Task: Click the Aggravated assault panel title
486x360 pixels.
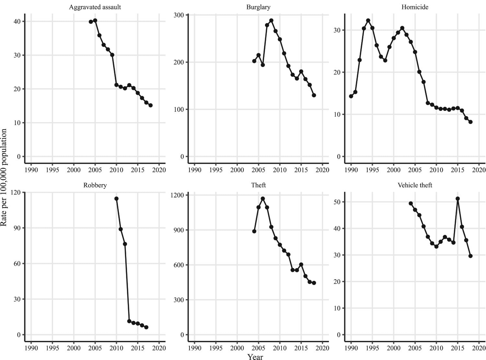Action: [x=95, y=7]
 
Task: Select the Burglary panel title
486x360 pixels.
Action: [x=258, y=7]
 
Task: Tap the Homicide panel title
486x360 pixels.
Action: [x=415, y=7]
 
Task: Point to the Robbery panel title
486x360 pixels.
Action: [x=95, y=185]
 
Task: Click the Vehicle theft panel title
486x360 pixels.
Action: [x=415, y=185]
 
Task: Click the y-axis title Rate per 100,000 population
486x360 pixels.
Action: [x=4, y=178]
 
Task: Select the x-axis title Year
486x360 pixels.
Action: [x=255, y=357]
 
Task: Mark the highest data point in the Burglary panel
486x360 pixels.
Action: [x=271, y=21]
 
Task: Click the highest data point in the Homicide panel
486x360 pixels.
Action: [x=368, y=20]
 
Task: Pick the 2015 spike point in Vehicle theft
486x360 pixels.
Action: [x=457, y=199]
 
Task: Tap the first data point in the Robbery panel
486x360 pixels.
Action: [x=116, y=199]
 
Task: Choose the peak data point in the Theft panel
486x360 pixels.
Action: [x=263, y=199]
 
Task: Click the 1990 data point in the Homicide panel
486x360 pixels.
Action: [x=351, y=96]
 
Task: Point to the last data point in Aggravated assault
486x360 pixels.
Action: [x=150, y=105]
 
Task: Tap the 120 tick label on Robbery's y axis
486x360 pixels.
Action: [x=16, y=192]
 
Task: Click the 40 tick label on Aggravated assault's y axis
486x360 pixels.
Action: [x=17, y=21]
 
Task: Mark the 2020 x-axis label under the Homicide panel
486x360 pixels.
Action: [x=479, y=170]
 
